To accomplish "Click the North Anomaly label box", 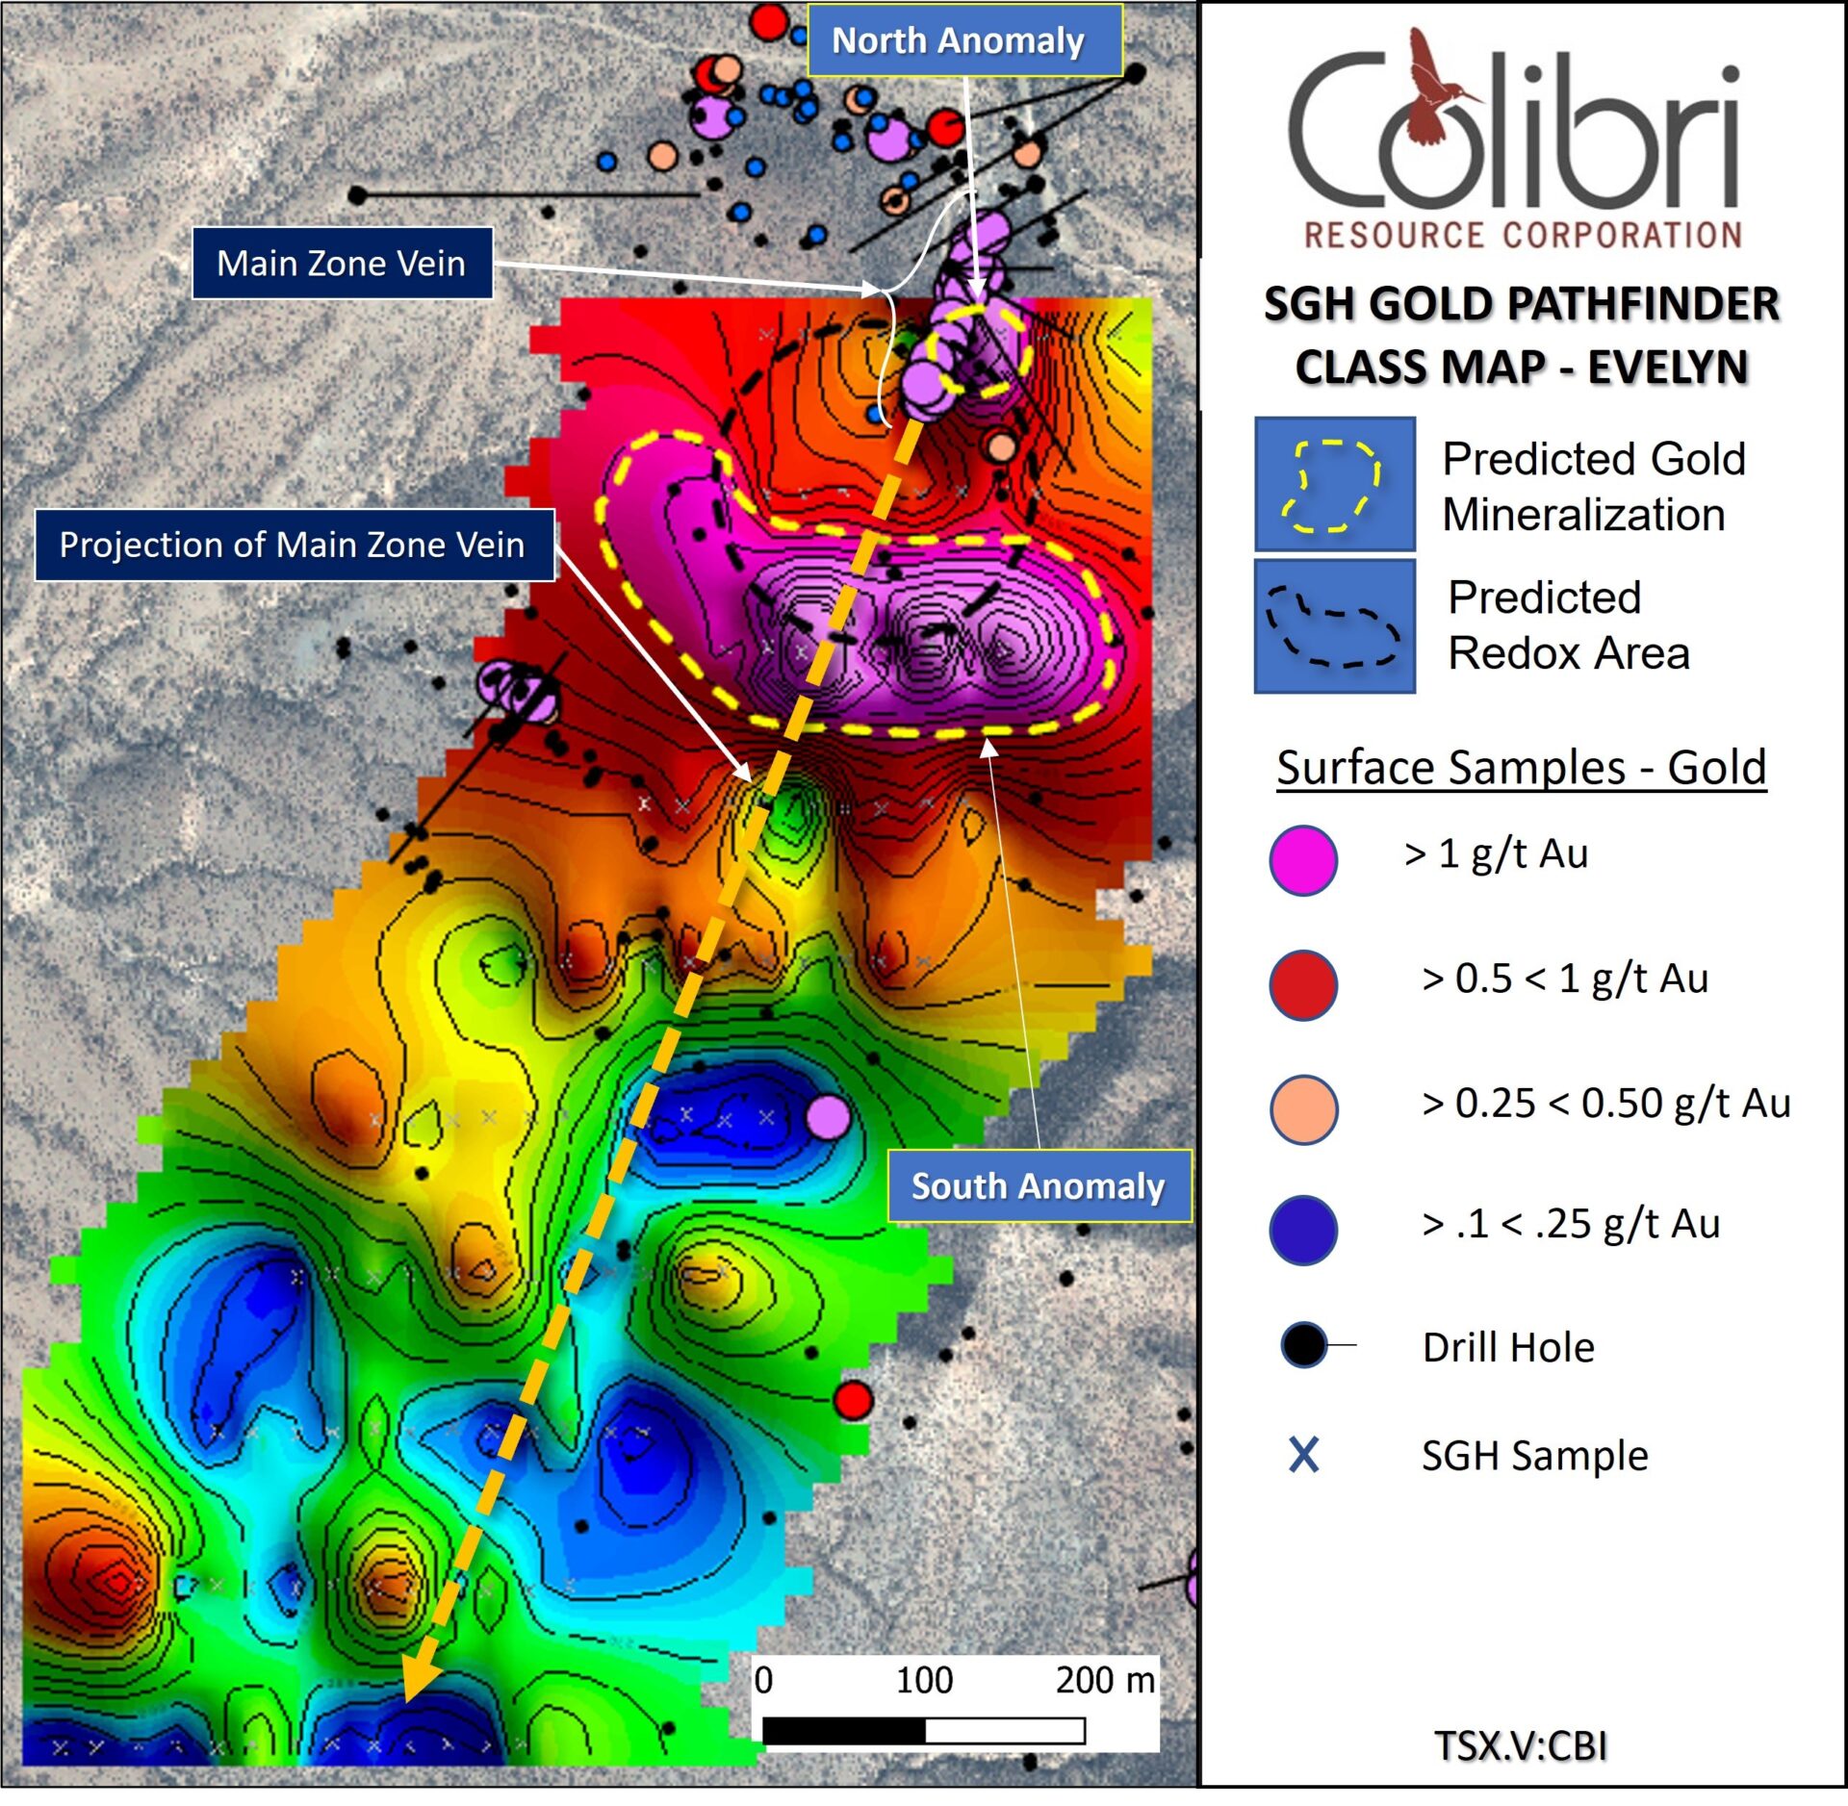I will pos(963,40).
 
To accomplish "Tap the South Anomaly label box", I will pos(1038,1185).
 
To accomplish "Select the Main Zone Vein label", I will pos(342,263).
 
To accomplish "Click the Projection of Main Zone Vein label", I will pos(293,545).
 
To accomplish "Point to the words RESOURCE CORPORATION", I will pos(1522,235).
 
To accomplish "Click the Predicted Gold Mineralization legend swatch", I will pos(1334,484).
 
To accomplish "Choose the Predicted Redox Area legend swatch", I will pos(1334,626).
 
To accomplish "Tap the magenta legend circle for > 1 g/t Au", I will pos(1302,858).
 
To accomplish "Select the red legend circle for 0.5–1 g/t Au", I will pos(1302,984).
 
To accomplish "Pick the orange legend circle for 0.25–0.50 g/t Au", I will pos(1302,1108).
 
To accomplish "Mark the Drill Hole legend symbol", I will pos(1305,1344).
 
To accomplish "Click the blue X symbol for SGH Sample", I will pos(1303,1455).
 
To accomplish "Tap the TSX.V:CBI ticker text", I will pos(1520,1744).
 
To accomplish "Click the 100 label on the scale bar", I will pos(924,1680).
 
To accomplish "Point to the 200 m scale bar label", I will pos(1104,1680).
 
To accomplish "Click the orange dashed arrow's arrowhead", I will pos(420,1684).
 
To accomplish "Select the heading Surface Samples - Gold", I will pos(1521,767).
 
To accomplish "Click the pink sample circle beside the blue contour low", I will pos(827,1116).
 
